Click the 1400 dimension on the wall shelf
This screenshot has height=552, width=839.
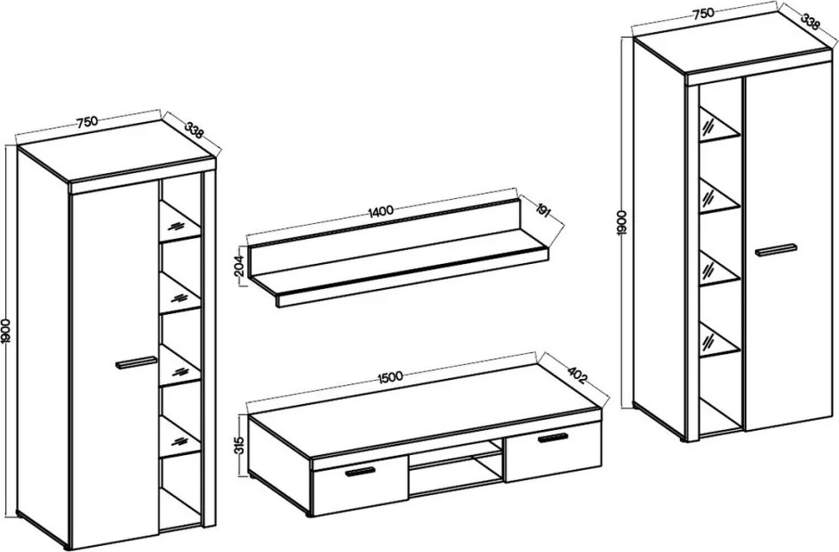click(381, 210)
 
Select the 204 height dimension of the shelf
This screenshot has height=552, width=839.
click(240, 265)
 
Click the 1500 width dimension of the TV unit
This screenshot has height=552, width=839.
click(389, 377)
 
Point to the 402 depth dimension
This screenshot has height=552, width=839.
click(577, 373)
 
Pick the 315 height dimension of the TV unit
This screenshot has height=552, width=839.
click(240, 445)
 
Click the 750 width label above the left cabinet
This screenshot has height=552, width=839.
click(86, 122)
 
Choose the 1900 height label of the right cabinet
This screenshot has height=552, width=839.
click(622, 222)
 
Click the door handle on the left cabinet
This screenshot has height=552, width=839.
click(136, 362)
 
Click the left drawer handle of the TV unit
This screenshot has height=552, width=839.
click(360, 472)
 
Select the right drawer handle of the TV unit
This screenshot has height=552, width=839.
click(554, 438)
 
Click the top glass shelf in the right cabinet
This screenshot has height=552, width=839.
click(720, 127)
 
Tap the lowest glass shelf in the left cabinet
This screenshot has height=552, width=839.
click(180, 437)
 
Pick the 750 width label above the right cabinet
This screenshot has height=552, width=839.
click(703, 13)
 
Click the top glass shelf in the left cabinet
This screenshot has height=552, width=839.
click(180, 221)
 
